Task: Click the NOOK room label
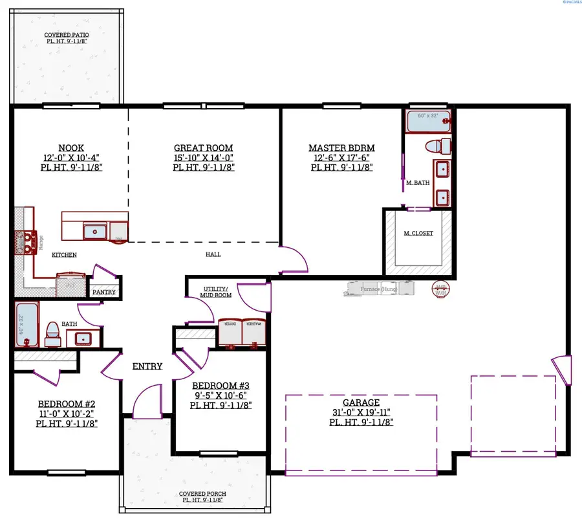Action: (70, 148)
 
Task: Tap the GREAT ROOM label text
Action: (203, 148)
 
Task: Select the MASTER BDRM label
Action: (341, 148)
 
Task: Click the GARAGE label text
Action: (362, 403)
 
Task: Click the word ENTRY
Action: (147, 366)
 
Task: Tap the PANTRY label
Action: (103, 293)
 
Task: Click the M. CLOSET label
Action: (418, 233)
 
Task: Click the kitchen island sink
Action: (96, 230)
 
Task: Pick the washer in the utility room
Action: (253, 332)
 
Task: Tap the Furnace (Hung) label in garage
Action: (380, 289)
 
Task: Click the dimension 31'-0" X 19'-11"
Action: (362, 412)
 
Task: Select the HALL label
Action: (213, 254)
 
